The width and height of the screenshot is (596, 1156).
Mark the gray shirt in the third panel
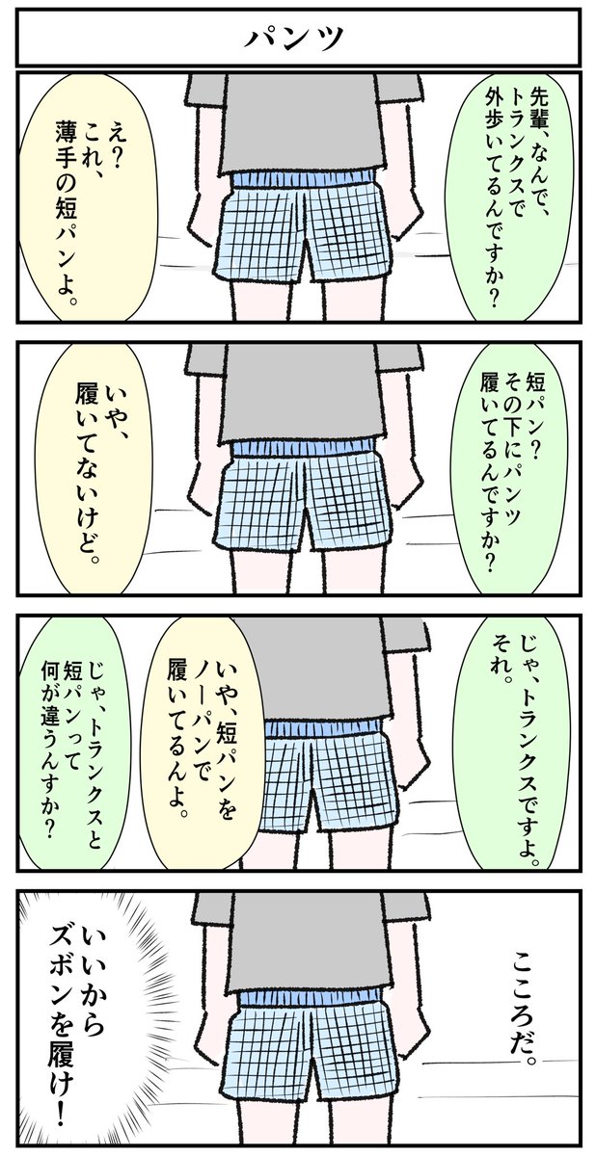318,665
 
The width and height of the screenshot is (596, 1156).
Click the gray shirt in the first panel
299,125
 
